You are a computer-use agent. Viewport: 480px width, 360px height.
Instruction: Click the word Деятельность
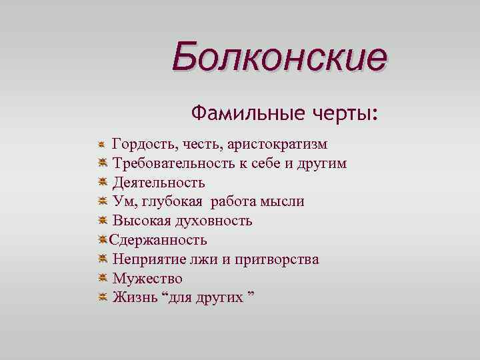click(158, 182)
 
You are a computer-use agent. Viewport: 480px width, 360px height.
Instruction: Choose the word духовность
click(214, 221)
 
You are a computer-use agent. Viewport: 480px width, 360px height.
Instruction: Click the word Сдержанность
click(159, 239)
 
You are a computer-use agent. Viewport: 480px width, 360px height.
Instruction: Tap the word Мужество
click(147, 278)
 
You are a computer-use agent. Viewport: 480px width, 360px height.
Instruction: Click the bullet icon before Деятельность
click(101, 182)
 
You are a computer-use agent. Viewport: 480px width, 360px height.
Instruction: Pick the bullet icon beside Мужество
click(101, 278)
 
